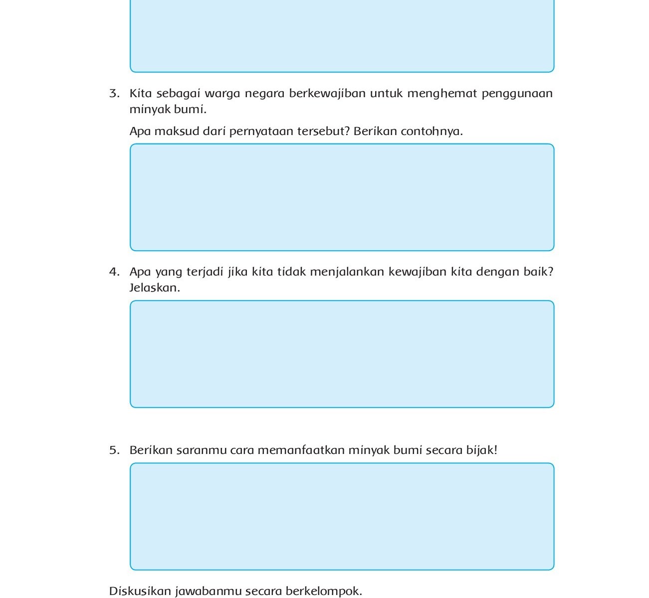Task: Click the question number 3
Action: [x=114, y=94]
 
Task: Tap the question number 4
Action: [x=114, y=272]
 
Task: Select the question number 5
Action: [x=114, y=450]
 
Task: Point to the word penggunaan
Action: [x=517, y=94]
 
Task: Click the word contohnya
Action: [x=432, y=132]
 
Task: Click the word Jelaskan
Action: [x=154, y=288]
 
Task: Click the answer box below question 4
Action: [x=342, y=354]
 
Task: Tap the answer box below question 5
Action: [x=342, y=516]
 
